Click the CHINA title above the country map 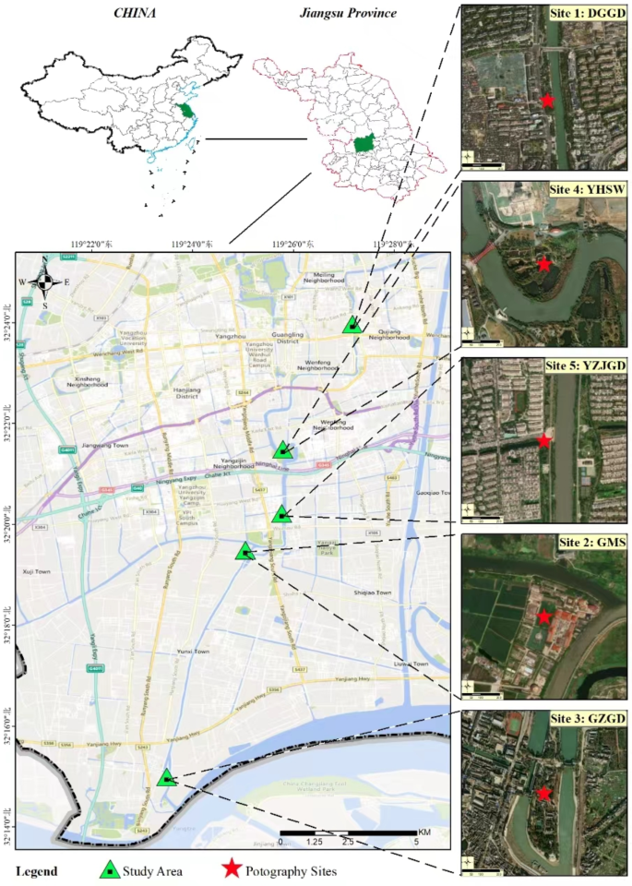click(136, 14)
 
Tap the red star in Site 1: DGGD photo click(547, 100)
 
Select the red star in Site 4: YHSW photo click(544, 265)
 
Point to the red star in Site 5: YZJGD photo click(544, 440)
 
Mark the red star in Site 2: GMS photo click(543, 617)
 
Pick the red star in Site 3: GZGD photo click(544, 793)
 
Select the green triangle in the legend click(109, 869)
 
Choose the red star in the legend click(232, 869)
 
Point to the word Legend click(36, 870)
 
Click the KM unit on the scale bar click(423, 832)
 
